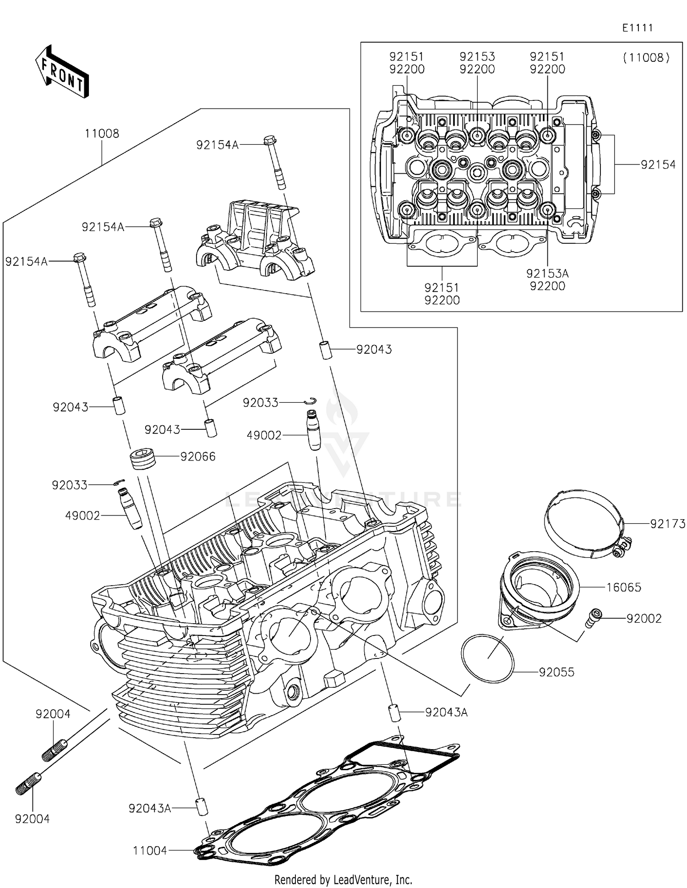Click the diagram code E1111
[x=637, y=28]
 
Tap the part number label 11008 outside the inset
[x=102, y=134]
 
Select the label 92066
[x=198, y=457]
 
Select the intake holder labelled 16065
[x=538, y=591]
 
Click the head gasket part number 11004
[x=150, y=851]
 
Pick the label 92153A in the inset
[x=547, y=274]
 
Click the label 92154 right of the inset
[x=658, y=165]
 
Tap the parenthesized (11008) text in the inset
[x=646, y=58]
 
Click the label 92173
[x=668, y=524]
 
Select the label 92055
[x=556, y=672]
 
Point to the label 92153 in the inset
[x=477, y=56]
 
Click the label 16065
[x=624, y=587]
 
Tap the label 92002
[x=644, y=619]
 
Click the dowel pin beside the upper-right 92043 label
[x=326, y=351]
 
